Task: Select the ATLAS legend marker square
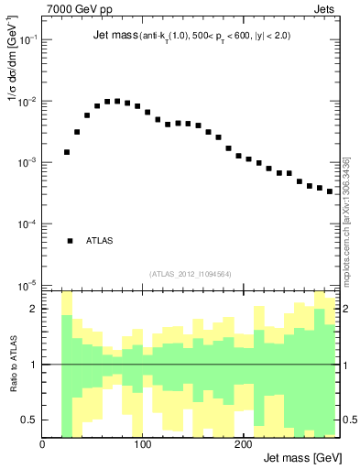pos(70,241)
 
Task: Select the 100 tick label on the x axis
pos(142,444)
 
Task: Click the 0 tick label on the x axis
pos(43,444)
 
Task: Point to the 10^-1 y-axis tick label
pos(28,40)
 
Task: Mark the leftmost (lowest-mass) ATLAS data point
pos(67,152)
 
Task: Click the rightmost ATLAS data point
pos(330,191)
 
